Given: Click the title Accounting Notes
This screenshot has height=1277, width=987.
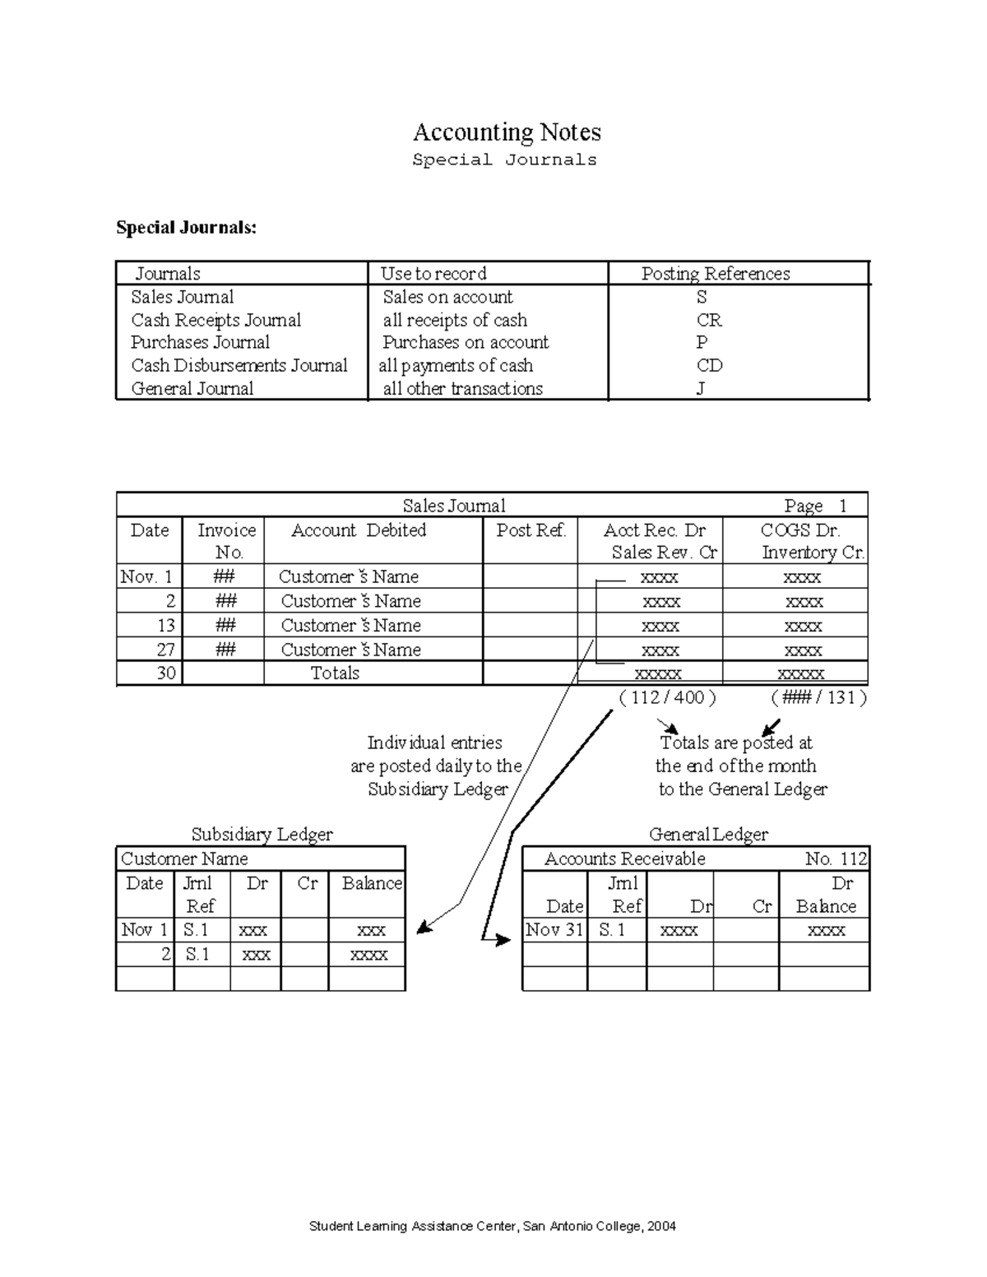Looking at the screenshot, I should (x=506, y=132).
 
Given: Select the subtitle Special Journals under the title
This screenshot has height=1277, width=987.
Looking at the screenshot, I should (x=504, y=160).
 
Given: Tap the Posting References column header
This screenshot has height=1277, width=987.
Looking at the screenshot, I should (x=715, y=274).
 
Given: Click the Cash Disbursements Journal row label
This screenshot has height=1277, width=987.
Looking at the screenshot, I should (x=239, y=365).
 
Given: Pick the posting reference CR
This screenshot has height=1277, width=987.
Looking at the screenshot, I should (x=708, y=320).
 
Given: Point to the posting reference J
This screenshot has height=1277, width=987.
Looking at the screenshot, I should (x=701, y=388).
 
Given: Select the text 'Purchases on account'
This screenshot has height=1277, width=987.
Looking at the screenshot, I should (x=465, y=342).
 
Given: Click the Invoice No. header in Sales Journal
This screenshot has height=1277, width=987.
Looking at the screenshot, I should (x=226, y=540).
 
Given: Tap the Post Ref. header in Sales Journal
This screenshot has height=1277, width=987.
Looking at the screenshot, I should (x=531, y=530).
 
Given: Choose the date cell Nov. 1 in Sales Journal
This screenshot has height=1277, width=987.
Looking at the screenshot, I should (x=146, y=576).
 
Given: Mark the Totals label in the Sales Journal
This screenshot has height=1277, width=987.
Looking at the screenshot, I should (x=335, y=673).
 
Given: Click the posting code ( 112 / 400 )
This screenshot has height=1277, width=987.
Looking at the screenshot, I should (x=667, y=697).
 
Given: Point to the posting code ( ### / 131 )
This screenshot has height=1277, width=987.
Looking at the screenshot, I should (x=818, y=697).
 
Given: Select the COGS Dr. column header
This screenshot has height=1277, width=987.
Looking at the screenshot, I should (x=799, y=530).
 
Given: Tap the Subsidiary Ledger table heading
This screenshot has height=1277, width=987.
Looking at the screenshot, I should (x=262, y=834).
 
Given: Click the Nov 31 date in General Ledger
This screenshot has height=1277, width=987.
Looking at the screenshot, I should (x=554, y=930).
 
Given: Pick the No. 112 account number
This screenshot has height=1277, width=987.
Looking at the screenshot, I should (x=835, y=858).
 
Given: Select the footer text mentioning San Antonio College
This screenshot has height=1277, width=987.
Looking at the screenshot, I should (x=492, y=1226).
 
